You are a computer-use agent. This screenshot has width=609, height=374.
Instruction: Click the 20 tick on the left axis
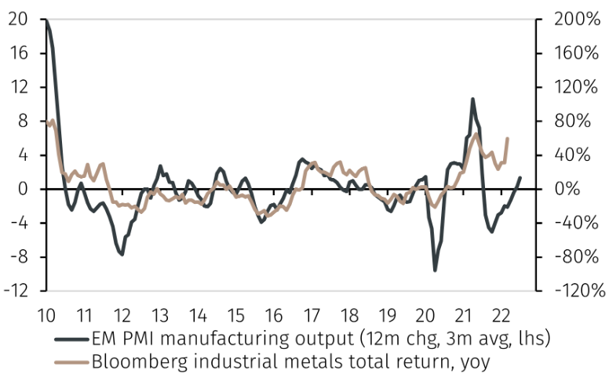[17, 20]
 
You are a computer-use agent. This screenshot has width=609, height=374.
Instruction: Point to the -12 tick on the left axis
[17, 291]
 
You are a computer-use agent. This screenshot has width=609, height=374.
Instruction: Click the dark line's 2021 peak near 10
[473, 100]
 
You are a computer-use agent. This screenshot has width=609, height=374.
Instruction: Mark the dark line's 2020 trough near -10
[436, 271]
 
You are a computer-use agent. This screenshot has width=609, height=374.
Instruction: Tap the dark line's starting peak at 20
[46, 20]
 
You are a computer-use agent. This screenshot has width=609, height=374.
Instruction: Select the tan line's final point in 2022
[508, 139]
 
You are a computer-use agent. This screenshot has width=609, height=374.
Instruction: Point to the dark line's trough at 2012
[122, 254]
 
